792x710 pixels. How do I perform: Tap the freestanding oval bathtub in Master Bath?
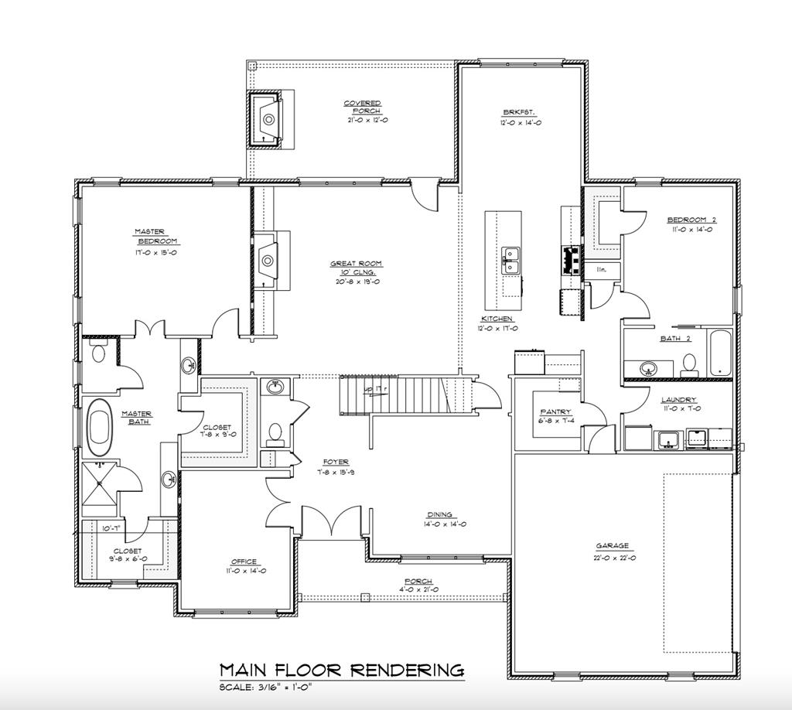coord(100,427)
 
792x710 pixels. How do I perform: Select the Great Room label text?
coord(356,268)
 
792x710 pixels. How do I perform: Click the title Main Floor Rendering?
coord(342,669)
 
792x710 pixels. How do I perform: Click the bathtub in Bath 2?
coord(720,355)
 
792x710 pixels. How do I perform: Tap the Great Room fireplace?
coord(268,258)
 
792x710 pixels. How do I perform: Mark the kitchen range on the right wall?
coord(572,261)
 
